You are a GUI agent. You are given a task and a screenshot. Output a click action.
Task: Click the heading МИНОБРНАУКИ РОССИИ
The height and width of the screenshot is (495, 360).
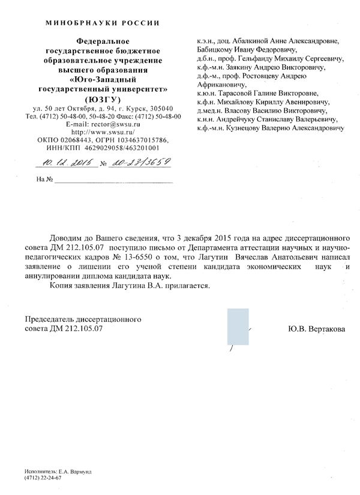click(103, 23)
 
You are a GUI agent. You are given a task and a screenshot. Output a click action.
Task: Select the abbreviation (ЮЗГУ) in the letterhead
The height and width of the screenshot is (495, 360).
click(103, 99)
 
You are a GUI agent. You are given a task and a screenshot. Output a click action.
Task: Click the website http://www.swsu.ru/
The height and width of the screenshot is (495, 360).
click(103, 130)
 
